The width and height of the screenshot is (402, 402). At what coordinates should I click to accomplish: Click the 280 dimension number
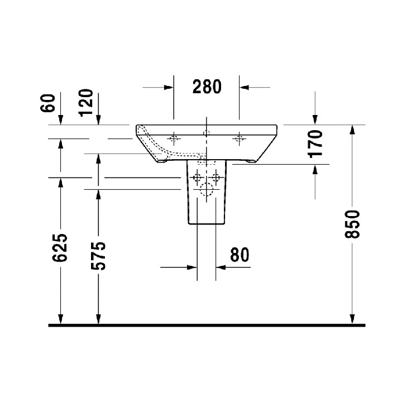click(x=207, y=87)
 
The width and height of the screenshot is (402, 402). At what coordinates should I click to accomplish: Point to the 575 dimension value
click(x=98, y=256)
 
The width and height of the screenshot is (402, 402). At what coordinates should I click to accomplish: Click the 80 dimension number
click(x=238, y=255)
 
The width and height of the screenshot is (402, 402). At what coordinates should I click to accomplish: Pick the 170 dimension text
click(x=316, y=143)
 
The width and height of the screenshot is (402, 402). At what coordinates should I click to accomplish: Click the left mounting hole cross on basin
click(x=174, y=137)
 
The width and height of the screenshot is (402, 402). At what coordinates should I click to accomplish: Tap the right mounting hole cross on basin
click(x=240, y=137)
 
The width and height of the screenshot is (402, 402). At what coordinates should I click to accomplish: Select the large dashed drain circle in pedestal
click(x=206, y=190)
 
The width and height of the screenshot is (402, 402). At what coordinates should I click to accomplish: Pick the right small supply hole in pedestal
click(x=216, y=178)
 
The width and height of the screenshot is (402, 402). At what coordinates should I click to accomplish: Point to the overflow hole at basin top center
click(x=207, y=133)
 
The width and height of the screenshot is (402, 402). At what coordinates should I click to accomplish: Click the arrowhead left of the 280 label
click(x=168, y=87)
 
